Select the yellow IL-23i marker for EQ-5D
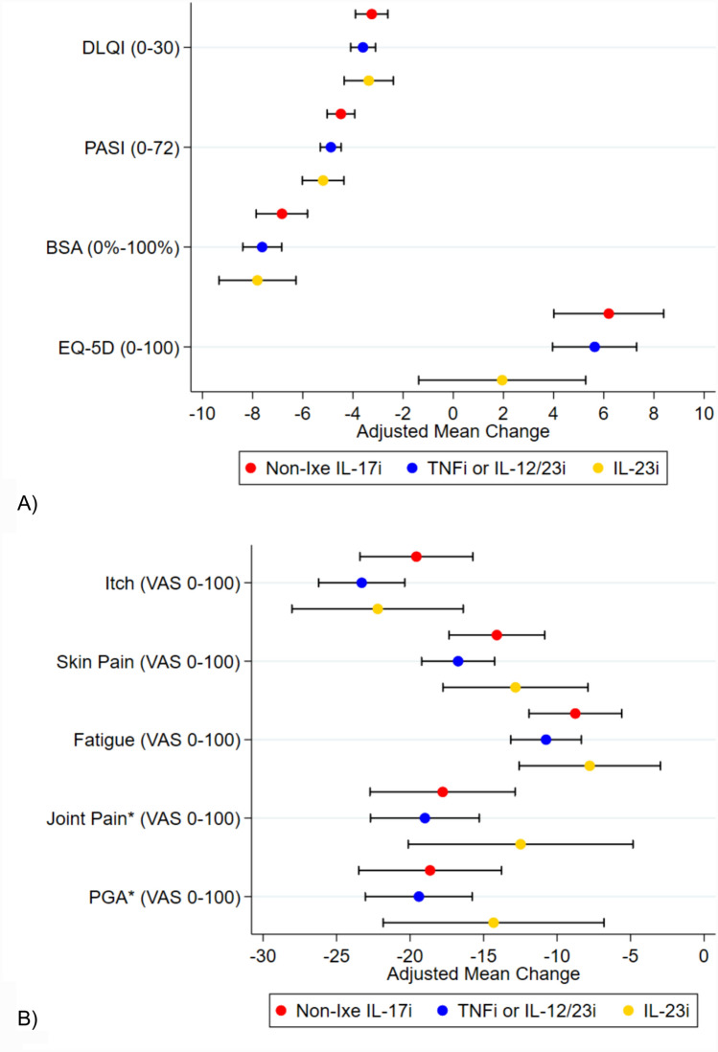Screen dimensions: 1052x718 pos(501,379)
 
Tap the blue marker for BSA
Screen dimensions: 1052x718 pos(262,246)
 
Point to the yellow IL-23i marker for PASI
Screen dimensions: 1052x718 pos(323,180)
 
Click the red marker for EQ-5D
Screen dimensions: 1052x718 pos(609,313)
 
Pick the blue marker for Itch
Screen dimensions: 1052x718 pos(361,583)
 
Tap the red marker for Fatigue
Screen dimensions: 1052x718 pos(575,713)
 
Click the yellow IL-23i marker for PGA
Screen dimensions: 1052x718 pos(494,923)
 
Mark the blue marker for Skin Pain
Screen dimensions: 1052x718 pos(458,661)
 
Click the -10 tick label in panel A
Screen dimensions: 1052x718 pos(200,413)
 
